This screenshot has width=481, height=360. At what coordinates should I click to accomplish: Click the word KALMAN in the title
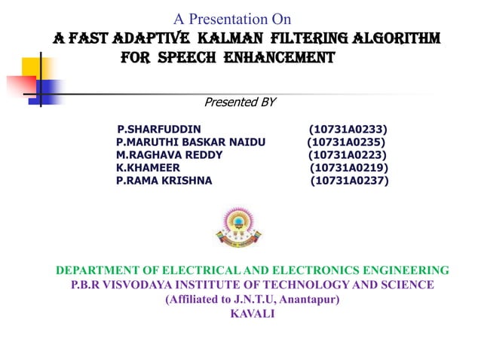click(x=225, y=37)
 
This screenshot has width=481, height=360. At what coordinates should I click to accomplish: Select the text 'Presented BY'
click(x=240, y=102)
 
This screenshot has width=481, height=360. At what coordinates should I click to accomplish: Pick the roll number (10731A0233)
click(x=348, y=130)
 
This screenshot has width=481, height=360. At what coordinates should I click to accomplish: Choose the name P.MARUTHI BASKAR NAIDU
click(x=191, y=142)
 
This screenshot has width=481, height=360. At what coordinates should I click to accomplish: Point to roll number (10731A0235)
click(x=347, y=142)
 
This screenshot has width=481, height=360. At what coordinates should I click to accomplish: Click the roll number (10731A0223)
click(x=348, y=155)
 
